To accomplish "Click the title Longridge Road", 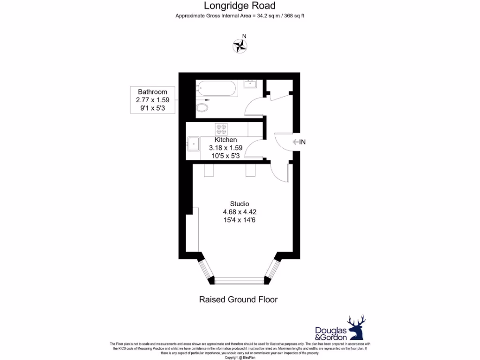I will tap(240, 6).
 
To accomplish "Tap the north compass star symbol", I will tap(240, 46).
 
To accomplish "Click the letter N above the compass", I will tap(244, 36).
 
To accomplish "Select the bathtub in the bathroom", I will tap(217, 88).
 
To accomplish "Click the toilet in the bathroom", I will tap(202, 108).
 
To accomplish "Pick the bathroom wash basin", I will tap(250, 85).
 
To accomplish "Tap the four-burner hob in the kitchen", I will tap(221, 128).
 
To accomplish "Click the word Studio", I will tap(239, 203).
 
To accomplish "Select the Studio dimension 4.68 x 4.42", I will tap(239, 212).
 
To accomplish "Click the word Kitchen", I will tap(225, 140).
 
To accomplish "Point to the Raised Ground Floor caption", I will tap(238, 300).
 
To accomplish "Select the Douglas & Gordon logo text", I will tap(330, 333).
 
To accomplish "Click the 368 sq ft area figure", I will tap(295, 16).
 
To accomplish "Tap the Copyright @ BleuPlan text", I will tap(240, 357).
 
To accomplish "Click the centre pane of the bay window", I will tap(240, 281).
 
